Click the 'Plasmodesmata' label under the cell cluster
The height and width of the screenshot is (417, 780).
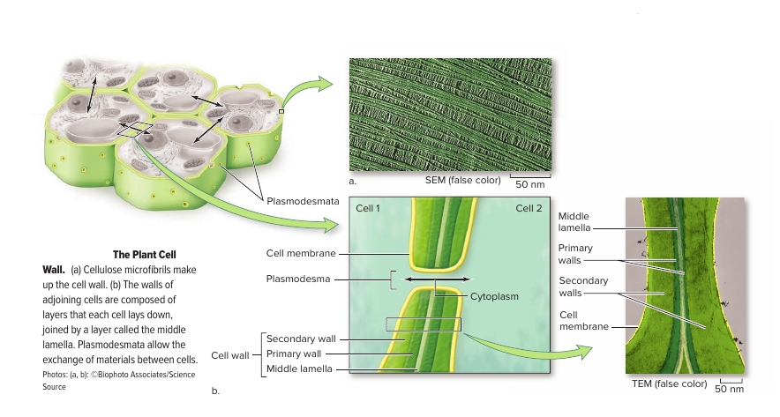tap(303, 202)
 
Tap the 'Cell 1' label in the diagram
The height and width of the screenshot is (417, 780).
tap(368, 209)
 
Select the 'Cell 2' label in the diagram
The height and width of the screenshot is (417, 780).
tap(529, 209)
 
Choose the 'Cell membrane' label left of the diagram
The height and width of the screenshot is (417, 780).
tap(301, 253)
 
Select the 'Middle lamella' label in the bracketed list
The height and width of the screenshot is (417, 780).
tap(300, 369)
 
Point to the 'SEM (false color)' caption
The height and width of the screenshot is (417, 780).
tap(462, 181)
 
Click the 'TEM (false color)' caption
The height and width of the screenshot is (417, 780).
tap(669, 383)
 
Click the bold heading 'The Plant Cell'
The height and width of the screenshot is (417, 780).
tap(145, 255)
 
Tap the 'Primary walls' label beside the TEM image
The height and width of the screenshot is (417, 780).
tap(575, 254)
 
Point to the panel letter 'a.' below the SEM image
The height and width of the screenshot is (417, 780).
tap(352, 181)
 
